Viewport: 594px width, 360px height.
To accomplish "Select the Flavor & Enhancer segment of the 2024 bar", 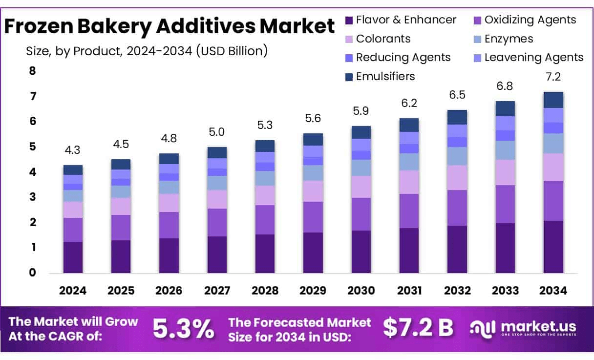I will (x=73, y=256).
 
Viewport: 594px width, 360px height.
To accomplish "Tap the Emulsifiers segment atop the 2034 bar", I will (x=553, y=100).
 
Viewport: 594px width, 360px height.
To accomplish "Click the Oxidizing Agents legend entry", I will (x=525, y=20).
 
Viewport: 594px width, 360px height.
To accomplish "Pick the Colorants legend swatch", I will (x=349, y=39).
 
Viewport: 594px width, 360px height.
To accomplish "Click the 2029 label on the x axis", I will (x=313, y=291).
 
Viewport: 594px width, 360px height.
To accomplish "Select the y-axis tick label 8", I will (x=33, y=71).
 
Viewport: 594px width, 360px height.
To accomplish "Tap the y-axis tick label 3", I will (x=33, y=197).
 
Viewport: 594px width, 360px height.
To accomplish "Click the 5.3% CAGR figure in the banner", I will (x=183, y=329).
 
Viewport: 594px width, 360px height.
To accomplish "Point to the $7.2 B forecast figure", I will (x=418, y=328).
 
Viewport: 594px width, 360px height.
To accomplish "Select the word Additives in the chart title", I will (x=202, y=26).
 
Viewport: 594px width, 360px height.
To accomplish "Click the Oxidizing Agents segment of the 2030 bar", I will (x=361, y=214).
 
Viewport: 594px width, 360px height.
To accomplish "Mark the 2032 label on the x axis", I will (x=457, y=291).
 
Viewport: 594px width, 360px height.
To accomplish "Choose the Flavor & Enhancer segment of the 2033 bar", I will (x=505, y=248).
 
